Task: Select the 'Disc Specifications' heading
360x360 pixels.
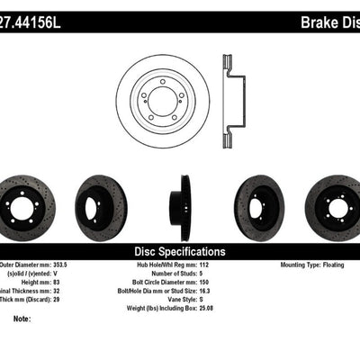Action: pos(181,250)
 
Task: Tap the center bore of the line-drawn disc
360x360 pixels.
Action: pos(162,101)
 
